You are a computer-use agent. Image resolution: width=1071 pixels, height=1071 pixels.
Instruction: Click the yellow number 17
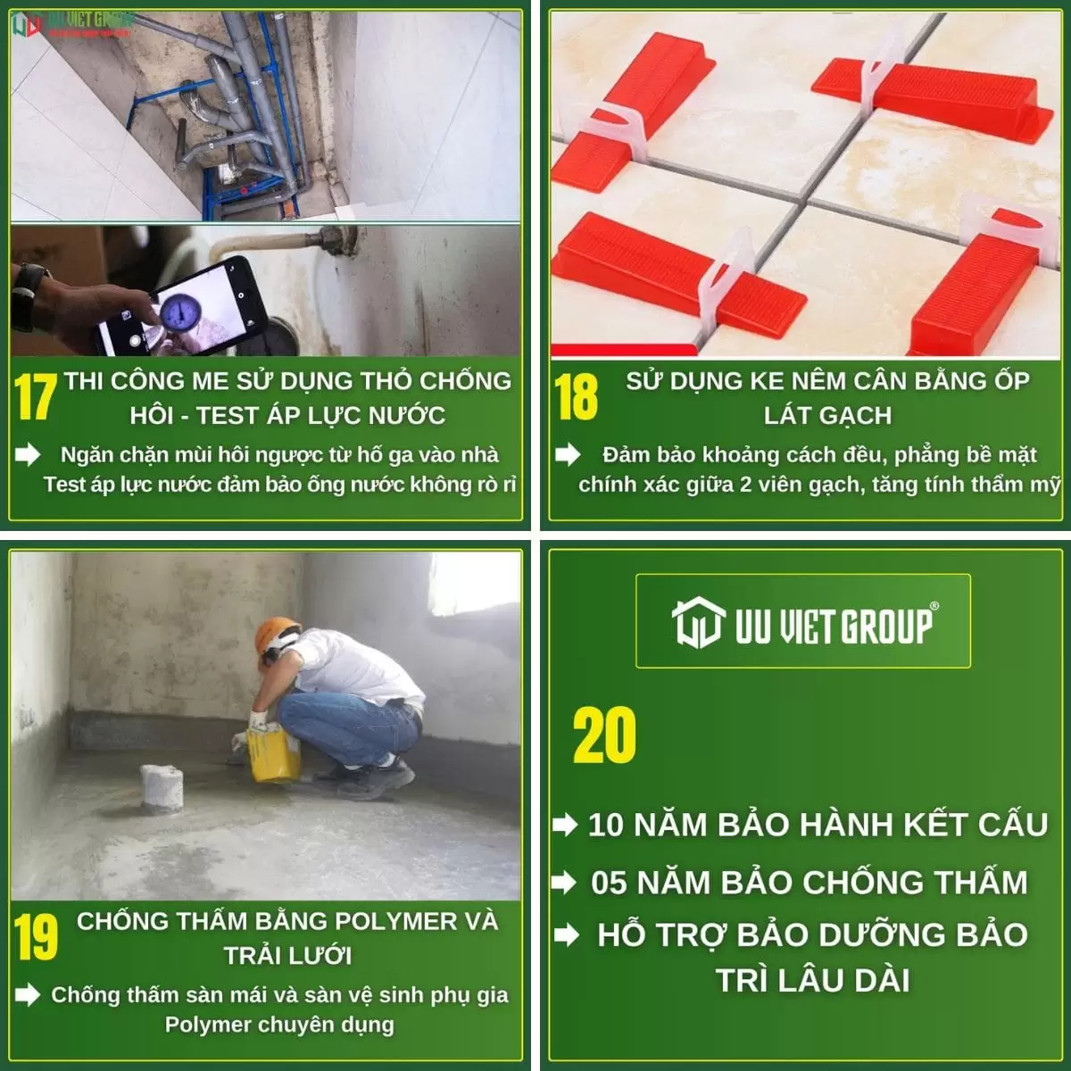pyautogui.click(x=35, y=396)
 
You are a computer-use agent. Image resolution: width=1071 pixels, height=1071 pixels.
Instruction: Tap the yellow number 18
pyautogui.click(x=577, y=396)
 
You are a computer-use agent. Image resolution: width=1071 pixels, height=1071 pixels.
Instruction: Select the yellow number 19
pyautogui.click(x=36, y=937)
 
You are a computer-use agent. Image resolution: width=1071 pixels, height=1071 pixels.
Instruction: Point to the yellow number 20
pyautogui.click(x=604, y=735)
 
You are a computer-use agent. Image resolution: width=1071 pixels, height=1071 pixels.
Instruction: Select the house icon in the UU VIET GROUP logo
pyautogui.click(x=699, y=622)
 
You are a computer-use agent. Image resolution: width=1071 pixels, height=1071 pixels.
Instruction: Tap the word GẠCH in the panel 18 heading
pyautogui.click(x=855, y=415)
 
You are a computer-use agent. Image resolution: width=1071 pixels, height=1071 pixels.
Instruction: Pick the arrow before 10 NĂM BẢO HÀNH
pyautogui.click(x=565, y=826)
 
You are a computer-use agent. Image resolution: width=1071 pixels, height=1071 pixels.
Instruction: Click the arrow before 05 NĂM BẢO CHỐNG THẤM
pyautogui.click(x=564, y=883)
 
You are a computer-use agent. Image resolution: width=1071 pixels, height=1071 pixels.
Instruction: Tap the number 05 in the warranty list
pyautogui.click(x=610, y=883)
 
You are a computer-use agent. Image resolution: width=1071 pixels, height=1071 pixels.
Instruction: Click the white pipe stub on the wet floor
pyautogui.click(x=162, y=786)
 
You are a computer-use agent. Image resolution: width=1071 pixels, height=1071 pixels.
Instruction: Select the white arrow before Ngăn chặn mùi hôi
pyautogui.click(x=28, y=454)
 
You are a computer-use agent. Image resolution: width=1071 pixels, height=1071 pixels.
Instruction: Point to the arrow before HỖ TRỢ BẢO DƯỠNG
pyautogui.click(x=567, y=935)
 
